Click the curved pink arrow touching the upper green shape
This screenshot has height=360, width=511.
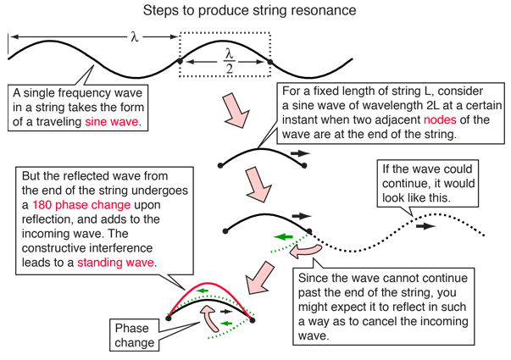point(305,251)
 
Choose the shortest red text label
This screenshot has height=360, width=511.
point(440,120)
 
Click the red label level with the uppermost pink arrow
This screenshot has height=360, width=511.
point(112,120)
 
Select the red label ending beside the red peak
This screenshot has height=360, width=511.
point(115,262)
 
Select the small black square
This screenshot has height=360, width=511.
point(316,178)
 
